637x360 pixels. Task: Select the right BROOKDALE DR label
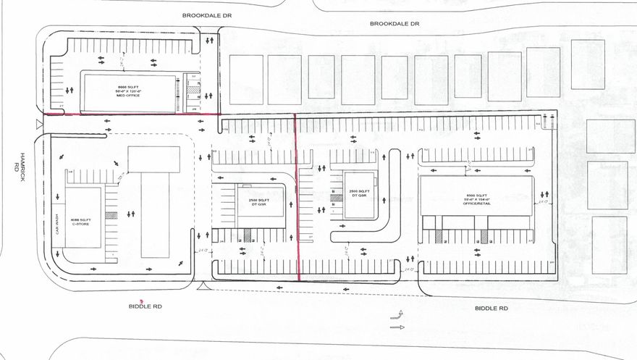[395, 24]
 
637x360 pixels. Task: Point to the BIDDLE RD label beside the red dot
[146, 307]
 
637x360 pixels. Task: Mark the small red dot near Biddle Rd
[142, 300]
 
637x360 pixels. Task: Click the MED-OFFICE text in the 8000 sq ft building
[126, 96]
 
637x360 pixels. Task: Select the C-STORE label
[82, 225]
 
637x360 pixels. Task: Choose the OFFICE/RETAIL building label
[476, 203]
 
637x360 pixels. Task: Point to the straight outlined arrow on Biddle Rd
[397, 327]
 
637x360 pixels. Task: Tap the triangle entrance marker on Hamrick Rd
[38, 122]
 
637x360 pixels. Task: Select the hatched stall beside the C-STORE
[110, 215]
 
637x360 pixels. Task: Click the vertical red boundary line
[298, 196]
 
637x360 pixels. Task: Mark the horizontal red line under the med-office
[130, 114]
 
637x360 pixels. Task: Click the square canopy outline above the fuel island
[153, 159]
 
